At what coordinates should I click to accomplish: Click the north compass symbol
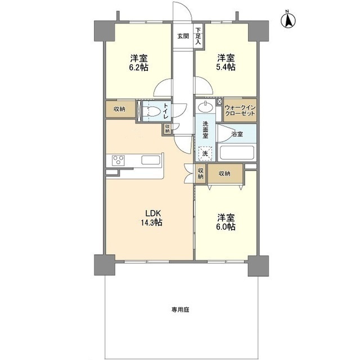[x=288, y=20]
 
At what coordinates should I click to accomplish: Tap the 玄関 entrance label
[x=183, y=36]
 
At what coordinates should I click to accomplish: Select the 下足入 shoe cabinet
[x=199, y=36]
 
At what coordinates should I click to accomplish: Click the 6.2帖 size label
[x=139, y=67]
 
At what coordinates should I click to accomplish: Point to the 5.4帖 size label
[x=226, y=67]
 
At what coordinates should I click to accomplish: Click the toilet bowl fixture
[x=152, y=111]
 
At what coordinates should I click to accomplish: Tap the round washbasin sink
[x=205, y=106]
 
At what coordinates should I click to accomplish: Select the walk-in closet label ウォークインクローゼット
[x=240, y=110]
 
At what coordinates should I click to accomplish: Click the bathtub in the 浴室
[x=237, y=152]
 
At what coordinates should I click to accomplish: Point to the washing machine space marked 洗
[x=205, y=153]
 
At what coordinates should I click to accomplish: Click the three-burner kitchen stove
[x=118, y=160]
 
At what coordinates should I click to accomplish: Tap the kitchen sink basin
[x=151, y=160]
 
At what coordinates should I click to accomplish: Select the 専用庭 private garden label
[x=180, y=310]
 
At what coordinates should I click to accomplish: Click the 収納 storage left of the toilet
[x=120, y=109]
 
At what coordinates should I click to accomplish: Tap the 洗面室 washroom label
[x=205, y=130]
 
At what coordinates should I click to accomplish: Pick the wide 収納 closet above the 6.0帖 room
[x=225, y=173]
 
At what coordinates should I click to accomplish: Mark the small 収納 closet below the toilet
[x=168, y=129]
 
